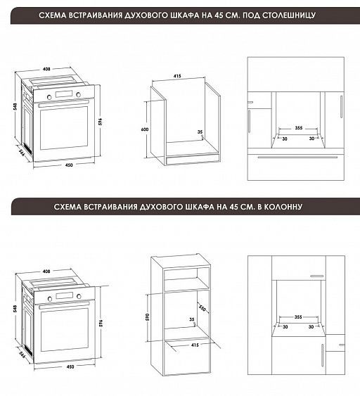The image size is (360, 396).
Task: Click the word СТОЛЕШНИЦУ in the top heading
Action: (x=289, y=15)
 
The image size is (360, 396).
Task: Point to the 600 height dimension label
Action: (x=145, y=129)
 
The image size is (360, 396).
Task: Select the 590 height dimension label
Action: (x=148, y=317)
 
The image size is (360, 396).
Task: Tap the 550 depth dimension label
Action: (x=202, y=308)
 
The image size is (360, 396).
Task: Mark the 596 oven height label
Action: (x=101, y=323)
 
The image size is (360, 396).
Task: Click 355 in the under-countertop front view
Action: (x=299, y=128)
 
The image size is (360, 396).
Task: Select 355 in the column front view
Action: (x=298, y=317)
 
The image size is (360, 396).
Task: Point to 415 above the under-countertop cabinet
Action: (x=177, y=76)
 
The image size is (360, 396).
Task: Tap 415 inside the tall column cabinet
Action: (x=195, y=345)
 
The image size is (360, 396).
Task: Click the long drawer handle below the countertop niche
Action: (x=297, y=157)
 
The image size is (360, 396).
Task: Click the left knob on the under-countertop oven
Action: (x=49, y=97)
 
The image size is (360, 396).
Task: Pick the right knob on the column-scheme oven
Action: (x=79, y=296)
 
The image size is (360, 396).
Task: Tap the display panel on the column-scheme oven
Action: (x=65, y=295)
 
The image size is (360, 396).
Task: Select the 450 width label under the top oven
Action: (x=69, y=165)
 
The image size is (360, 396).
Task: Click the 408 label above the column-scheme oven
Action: (x=46, y=272)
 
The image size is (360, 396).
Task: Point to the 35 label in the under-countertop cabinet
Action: (x=200, y=132)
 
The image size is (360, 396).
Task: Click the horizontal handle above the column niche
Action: (x=317, y=276)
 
